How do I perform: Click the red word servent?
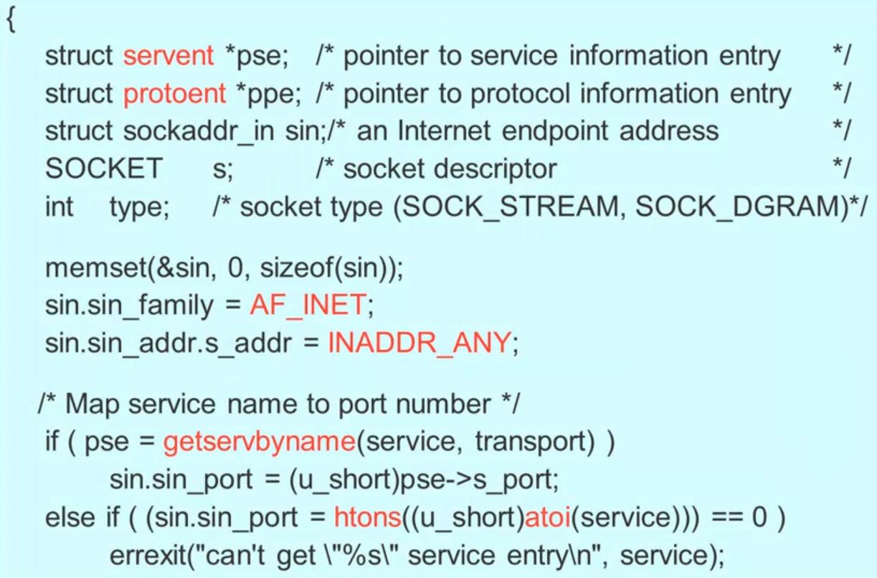point(169,56)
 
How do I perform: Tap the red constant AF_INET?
point(308,306)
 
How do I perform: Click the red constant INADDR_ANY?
point(418,344)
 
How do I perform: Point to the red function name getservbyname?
point(260,442)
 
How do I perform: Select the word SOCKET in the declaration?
point(104,169)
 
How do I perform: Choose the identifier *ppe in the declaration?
point(267,93)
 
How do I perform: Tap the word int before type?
point(59,207)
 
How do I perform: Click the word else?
point(70,517)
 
